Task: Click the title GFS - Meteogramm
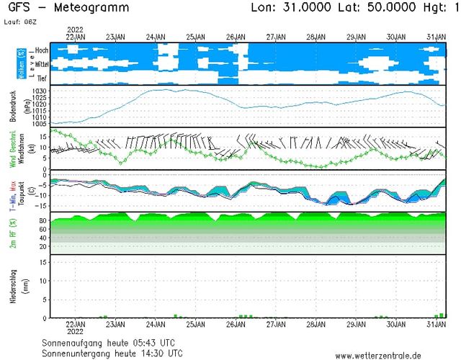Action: [x=66, y=8]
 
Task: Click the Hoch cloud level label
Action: [x=42, y=50]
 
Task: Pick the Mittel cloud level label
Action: [x=41, y=65]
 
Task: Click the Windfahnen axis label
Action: [x=22, y=151]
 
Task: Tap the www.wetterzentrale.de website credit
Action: [x=388, y=354]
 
